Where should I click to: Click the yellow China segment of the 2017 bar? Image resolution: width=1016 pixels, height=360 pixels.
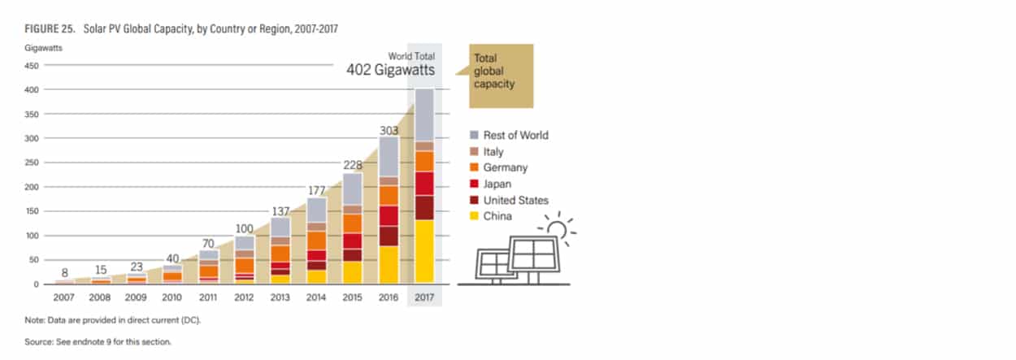click(x=424, y=252)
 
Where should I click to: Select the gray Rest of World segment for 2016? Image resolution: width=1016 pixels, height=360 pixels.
click(x=389, y=157)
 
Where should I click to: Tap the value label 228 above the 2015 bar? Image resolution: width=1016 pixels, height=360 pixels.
click(x=353, y=165)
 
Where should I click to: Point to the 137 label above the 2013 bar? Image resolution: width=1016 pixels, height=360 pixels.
click(x=280, y=211)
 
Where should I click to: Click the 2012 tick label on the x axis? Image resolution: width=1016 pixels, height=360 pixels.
click(x=244, y=297)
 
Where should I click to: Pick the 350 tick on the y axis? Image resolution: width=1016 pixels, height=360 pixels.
click(x=32, y=115)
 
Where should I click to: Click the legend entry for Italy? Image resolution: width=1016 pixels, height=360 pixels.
click(x=487, y=151)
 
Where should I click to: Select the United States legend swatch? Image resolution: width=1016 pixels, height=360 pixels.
click(x=474, y=200)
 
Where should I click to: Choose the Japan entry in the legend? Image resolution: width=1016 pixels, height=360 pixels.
click(x=490, y=184)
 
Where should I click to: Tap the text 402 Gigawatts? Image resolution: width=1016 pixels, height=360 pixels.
click(x=390, y=70)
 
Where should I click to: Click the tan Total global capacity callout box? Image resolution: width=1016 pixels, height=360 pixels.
click(x=501, y=76)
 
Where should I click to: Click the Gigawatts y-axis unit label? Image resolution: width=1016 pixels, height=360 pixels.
click(x=44, y=48)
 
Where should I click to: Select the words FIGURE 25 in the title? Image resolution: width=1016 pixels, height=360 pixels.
click(x=50, y=29)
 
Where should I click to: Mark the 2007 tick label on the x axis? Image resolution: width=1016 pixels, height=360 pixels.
click(x=63, y=297)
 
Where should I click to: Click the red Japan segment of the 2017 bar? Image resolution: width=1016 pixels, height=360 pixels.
click(x=424, y=184)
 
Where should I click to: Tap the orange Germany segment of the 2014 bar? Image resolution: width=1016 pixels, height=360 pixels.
click(x=317, y=241)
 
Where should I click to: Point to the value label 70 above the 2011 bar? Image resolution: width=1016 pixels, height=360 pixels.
click(x=208, y=244)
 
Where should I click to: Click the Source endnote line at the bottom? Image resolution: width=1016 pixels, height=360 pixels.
click(x=98, y=342)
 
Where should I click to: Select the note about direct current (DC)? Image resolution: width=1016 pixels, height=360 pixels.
click(x=112, y=320)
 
